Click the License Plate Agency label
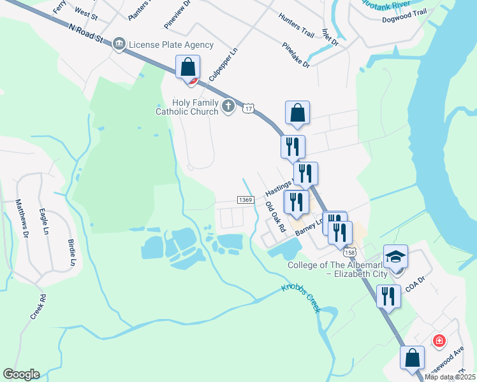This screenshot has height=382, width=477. point(171,45)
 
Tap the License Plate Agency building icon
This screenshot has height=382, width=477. point(119,45)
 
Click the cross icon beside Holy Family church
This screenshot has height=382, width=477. point(228,107)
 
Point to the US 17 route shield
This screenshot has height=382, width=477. point(248,109)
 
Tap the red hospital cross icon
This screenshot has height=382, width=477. point(439,341)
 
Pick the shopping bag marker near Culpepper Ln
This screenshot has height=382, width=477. point(188,67)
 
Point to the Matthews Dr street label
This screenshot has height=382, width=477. point(22,218)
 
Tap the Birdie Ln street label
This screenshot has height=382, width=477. point(71,253)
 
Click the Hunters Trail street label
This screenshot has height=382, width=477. point(297,26)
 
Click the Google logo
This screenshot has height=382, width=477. point(21,374)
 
